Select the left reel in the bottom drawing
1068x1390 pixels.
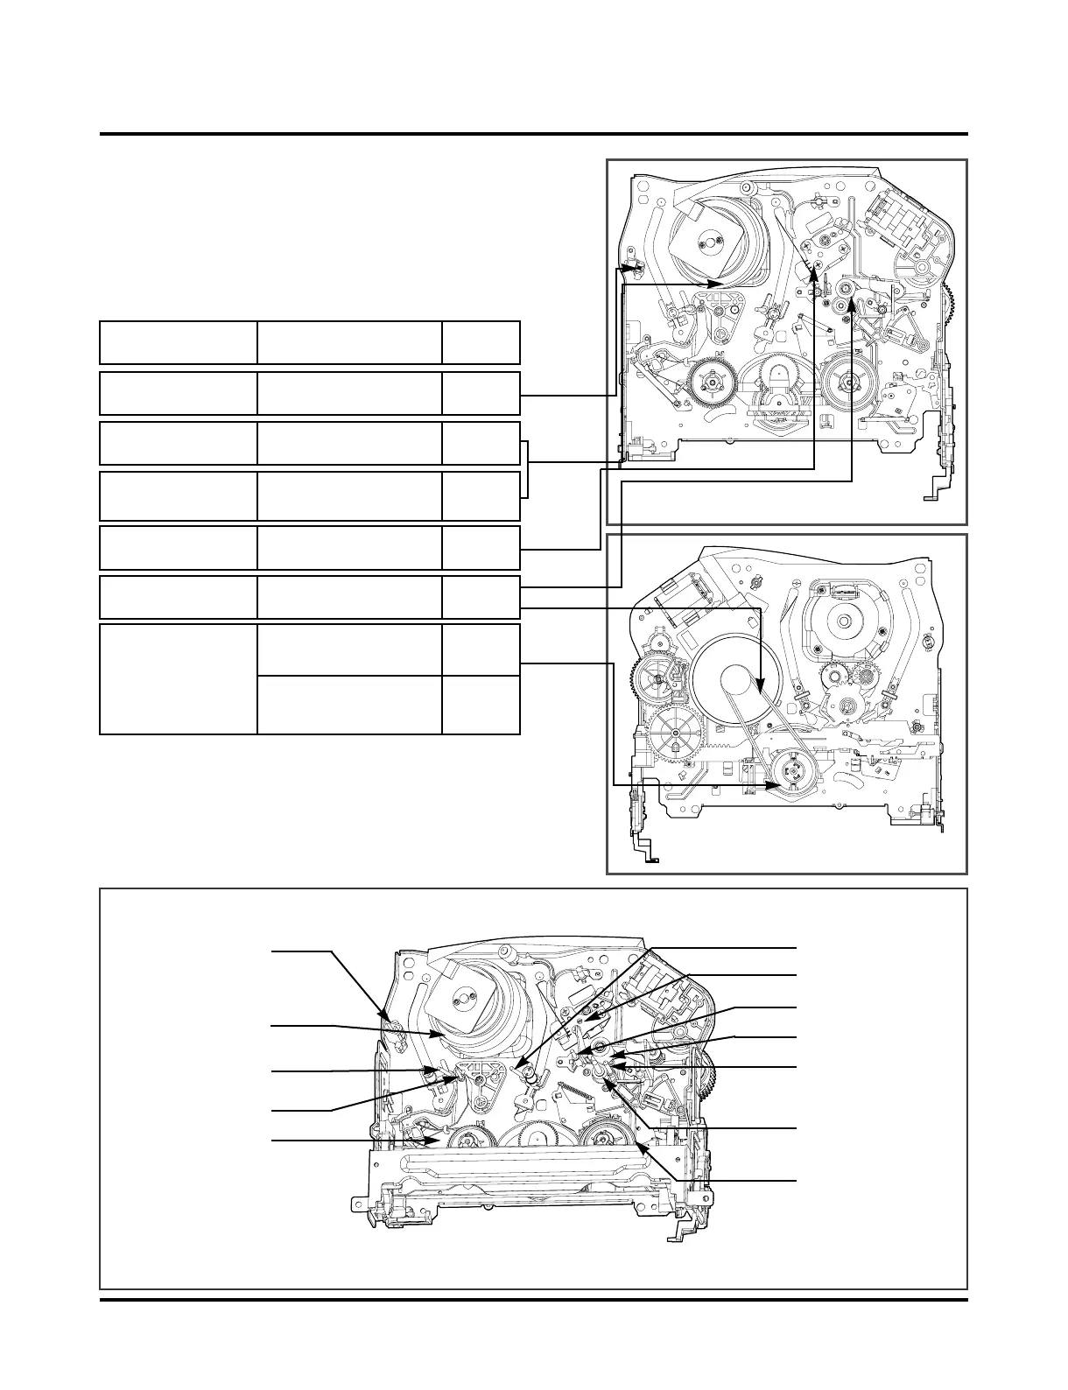coord(467,1141)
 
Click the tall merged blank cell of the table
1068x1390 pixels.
coord(178,678)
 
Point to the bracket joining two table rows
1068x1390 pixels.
coord(526,469)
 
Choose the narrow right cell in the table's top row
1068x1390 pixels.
coord(481,342)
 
